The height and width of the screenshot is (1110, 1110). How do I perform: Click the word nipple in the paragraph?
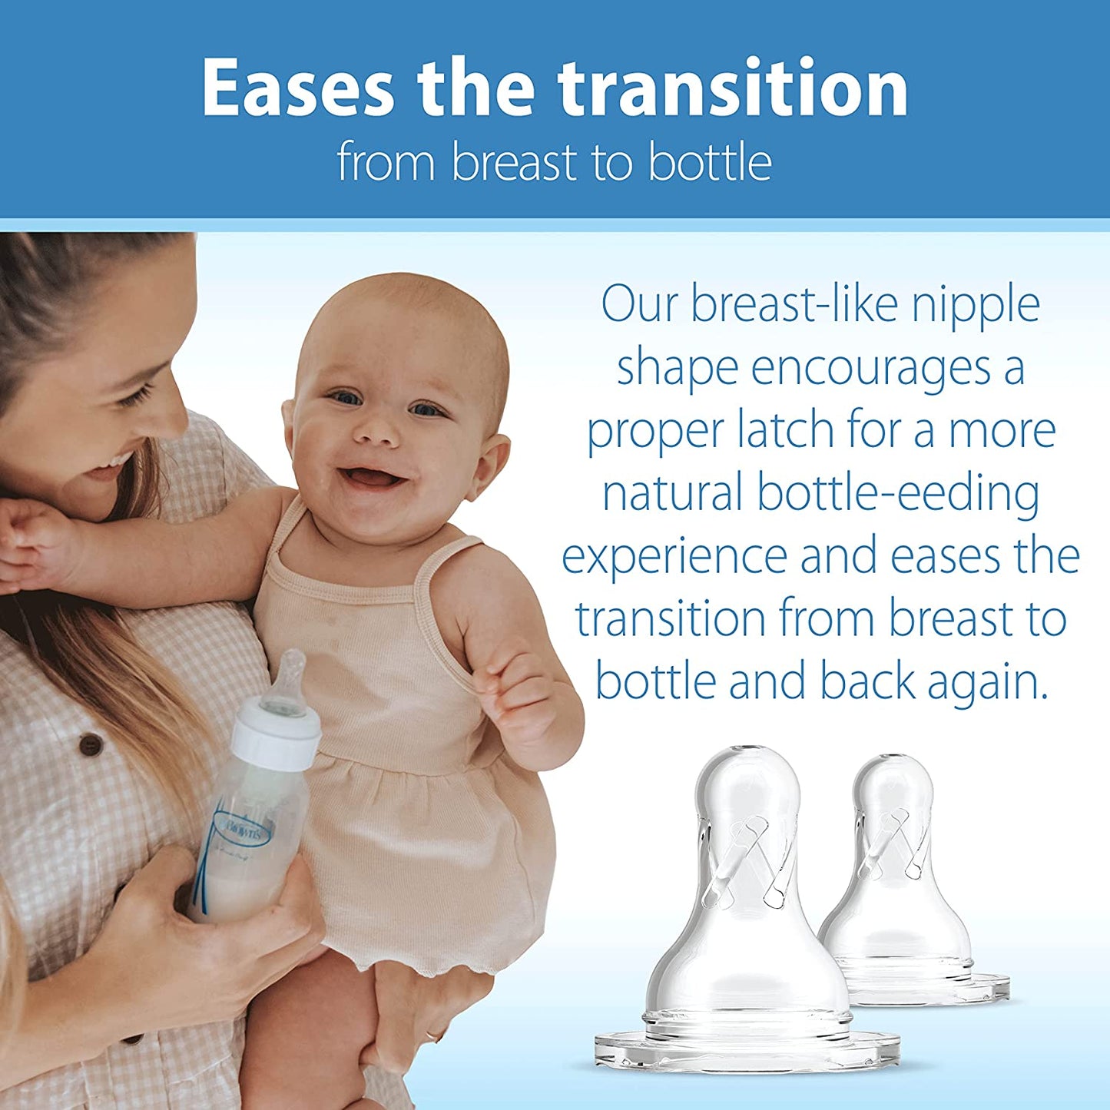[x=976, y=305]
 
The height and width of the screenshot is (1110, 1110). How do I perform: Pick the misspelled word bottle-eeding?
[x=898, y=493]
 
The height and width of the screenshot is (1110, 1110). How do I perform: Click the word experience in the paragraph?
[x=674, y=556]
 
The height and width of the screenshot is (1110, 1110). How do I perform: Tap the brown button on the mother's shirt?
[x=91, y=743]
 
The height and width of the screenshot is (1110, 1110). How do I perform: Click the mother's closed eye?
[x=134, y=397]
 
